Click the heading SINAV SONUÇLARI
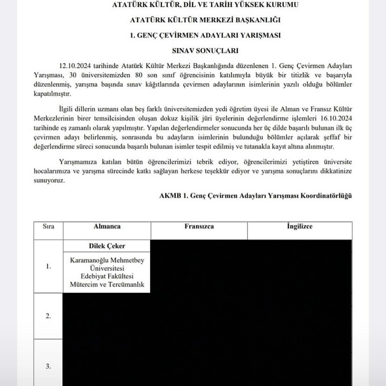pos(205,50)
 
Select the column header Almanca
pos(107,226)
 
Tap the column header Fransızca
pos(199,226)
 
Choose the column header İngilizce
pos(300,226)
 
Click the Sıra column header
pos(48,226)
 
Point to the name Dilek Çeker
pos(107,245)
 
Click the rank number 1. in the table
pos(48,266)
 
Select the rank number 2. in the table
pos(48,316)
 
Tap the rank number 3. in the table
pos(48,366)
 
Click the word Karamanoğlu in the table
pos(88,260)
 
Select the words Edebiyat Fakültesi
pos(107,276)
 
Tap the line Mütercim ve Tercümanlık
pos(107,284)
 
